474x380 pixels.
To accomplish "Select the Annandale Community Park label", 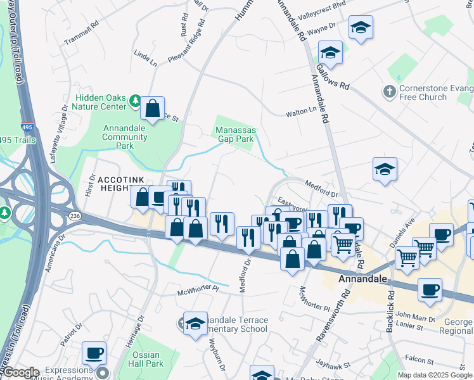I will point(125,136).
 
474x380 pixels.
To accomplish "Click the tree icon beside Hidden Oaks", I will point(135,101).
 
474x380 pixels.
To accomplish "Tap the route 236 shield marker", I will point(75,216).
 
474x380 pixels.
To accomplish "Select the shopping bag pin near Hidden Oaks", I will point(153,109).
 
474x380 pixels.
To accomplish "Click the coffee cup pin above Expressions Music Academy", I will point(94,353).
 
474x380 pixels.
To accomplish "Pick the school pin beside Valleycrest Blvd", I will point(361,28).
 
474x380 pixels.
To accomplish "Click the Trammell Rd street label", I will point(82,33).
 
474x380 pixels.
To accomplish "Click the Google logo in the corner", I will point(21,373).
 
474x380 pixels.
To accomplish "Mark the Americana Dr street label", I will point(54,255).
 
